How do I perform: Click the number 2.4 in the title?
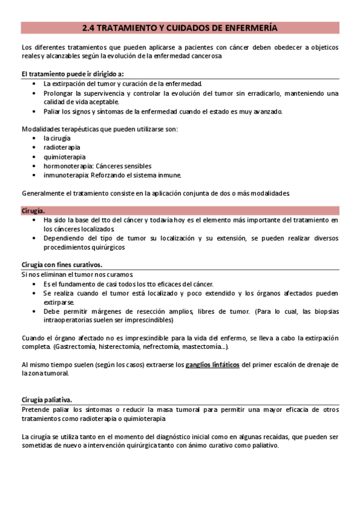[88, 28]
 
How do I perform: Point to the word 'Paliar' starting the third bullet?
[52, 111]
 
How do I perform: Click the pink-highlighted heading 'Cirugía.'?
[33, 210]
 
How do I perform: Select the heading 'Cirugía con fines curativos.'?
[61, 265]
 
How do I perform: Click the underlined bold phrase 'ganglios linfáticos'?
[212, 364]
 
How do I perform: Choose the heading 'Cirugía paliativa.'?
[46, 400]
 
